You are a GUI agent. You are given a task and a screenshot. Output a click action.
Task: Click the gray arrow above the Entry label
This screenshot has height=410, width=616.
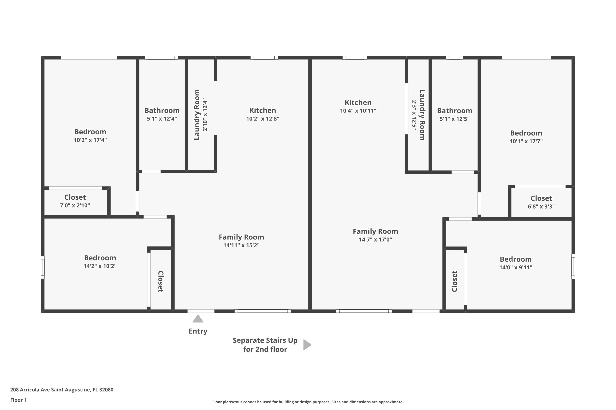(198, 319)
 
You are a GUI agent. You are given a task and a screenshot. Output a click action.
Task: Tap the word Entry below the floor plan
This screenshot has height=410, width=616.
(198, 331)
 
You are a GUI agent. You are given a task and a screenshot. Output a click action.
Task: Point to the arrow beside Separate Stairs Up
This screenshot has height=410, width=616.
(307, 345)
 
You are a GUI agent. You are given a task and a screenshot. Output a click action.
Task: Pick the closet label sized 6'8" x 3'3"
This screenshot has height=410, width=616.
(541, 198)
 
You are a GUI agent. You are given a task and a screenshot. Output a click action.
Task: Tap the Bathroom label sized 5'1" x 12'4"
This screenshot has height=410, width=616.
(162, 110)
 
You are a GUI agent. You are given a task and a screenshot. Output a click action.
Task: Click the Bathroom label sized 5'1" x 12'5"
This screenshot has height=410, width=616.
(454, 111)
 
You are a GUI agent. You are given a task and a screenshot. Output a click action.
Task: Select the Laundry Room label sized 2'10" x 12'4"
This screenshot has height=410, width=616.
(197, 115)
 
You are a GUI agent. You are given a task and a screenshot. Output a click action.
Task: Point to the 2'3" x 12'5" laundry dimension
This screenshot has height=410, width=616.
(414, 115)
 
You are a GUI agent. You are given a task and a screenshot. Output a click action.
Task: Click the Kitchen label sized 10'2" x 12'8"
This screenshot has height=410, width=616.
(262, 110)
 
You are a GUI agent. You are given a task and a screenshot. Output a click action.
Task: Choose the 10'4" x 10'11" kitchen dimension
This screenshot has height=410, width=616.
(358, 111)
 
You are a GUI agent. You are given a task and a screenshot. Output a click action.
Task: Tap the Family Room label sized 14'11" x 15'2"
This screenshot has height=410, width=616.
(241, 237)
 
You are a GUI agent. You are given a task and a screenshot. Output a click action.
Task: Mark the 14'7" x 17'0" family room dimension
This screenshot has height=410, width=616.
(375, 239)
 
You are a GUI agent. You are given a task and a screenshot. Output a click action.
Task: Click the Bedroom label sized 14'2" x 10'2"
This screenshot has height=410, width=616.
(100, 258)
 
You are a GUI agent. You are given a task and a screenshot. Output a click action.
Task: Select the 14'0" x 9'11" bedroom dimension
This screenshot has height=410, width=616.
(516, 267)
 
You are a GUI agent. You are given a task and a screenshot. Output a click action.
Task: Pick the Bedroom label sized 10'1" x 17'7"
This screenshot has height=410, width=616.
(526, 133)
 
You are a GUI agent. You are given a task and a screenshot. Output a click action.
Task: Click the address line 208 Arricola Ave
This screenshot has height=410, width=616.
(62, 390)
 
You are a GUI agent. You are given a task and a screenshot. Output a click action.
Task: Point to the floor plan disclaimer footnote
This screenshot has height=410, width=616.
(308, 402)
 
